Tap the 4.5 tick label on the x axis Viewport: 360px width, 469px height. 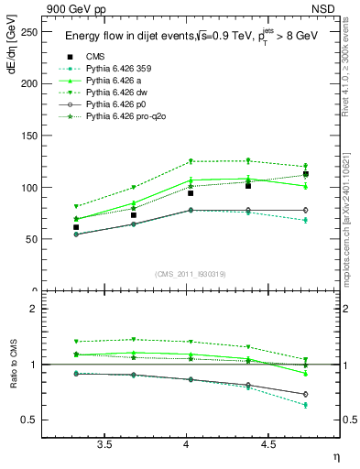click(267, 444)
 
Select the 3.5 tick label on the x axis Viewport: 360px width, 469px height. click(105, 444)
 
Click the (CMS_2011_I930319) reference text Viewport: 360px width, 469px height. click(187, 274)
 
